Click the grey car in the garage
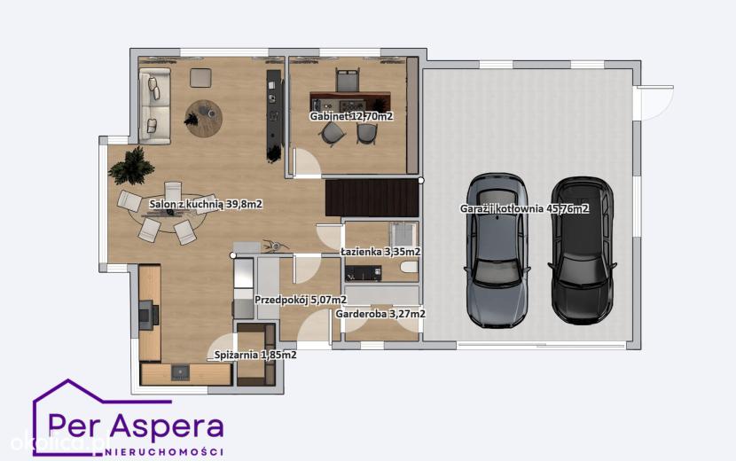tap(498, 251)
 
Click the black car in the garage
tap(582, 250)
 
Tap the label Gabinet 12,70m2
tap(351, 116)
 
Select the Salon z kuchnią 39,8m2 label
tap(206, 204)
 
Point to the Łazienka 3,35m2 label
tap(380, 252)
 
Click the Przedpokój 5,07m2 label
tap(301, 300)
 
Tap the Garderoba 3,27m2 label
tap(380, 314)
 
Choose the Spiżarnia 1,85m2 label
tap(255, 355)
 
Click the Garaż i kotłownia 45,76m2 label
tap(524, 209)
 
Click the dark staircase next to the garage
tap(372, 198)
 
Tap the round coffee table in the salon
tap(203, 118)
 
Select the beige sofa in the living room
tap(154, 105)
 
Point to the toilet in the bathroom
tap(410, 267)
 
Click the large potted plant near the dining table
tap(132, 165)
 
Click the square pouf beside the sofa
tap(200, 77)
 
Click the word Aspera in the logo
tap(168, 426)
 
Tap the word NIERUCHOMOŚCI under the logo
tap(163, 452)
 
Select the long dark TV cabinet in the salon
tap(274, 115)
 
